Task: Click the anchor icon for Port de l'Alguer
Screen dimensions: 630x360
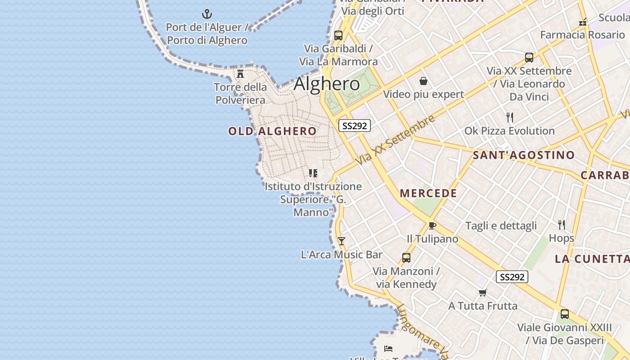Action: click(x=207, y=14)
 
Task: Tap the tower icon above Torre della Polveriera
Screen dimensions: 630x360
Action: click(x=240, y=74)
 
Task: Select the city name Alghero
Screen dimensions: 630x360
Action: click(x=327, y=84)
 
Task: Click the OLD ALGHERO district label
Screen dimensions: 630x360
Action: click(x=272, y=131)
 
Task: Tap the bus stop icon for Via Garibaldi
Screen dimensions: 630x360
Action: click(x=338, y=35)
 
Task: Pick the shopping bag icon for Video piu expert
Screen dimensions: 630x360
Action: click(x=423, y=81)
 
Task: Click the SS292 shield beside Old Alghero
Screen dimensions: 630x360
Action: click(x=354, y=126)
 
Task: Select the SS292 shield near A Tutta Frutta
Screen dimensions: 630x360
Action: click(x=512, y=277)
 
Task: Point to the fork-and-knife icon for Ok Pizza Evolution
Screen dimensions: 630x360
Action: click(x=509, y=118)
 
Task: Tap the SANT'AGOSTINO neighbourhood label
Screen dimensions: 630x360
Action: click(x=523, y=155)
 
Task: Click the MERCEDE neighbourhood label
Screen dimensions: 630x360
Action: click(x=428, y=193)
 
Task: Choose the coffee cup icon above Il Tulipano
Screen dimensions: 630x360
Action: click(x=432, y=225)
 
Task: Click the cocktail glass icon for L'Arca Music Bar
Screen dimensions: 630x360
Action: click(x=341, y=241)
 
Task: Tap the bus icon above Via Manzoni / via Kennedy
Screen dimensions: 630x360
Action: click(x=406, y=258)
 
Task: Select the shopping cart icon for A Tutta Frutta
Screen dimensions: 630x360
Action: click(x=482, y=293)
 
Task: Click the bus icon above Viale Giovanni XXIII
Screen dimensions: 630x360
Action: click(x=564, y=314)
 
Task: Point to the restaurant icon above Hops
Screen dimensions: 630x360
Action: click(x=561, y=225)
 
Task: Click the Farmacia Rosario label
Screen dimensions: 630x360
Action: click(x=582, y=35)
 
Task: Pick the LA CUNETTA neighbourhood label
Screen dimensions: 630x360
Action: click(x=592, y=259)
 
